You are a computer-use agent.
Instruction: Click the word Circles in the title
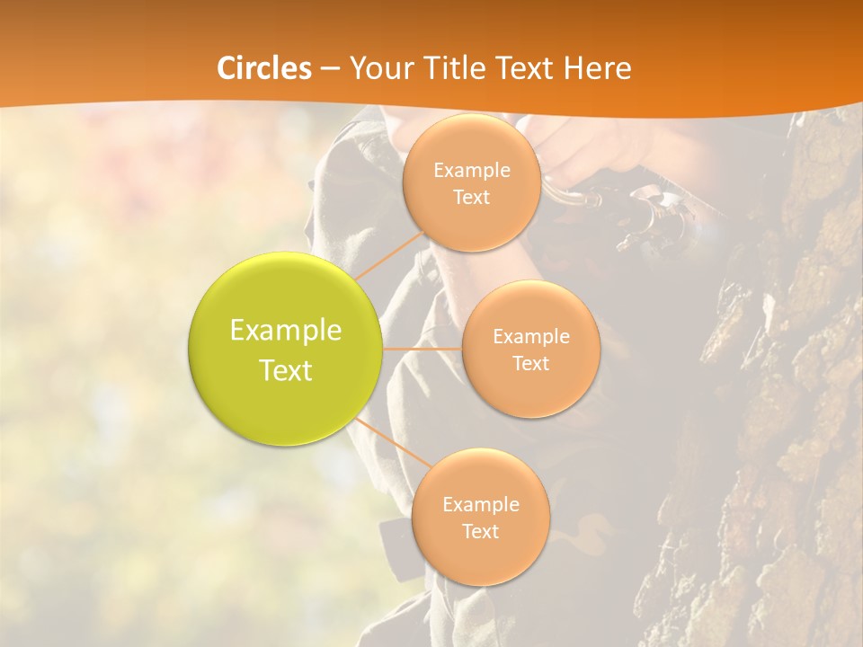tap(263, 68)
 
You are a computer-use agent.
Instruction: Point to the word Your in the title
tap(376, 68)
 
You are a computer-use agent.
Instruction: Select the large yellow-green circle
tap(285, 349)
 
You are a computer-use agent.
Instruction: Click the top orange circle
tap(471, 183)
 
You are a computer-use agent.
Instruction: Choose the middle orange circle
tap(530, 349)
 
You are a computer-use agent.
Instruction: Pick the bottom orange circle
tap(480, 518)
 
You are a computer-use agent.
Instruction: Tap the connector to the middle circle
tap(422, 348)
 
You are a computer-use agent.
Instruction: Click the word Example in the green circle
tap(285, 331)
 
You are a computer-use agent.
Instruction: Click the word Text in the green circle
tap(285, 370)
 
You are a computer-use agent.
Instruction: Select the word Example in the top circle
tap(471, 171)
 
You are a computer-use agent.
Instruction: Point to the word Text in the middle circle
tap(530, 364)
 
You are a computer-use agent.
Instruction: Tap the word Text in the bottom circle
tap(480, 532)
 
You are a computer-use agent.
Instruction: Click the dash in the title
tap(329, 68)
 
